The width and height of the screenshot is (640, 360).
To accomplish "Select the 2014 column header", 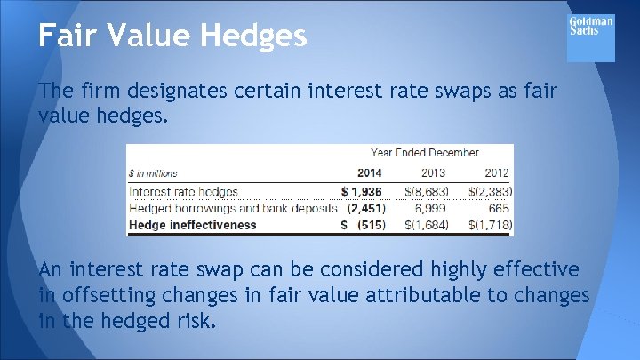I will tap(369, 172).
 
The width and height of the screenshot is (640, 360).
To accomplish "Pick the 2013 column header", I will tap(433, 172).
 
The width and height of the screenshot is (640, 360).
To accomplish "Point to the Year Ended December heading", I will tap(425, 152).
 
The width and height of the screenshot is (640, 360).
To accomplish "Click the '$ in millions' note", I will tap(153, 173).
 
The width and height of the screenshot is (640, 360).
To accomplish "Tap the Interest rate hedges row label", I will tap(184, 190).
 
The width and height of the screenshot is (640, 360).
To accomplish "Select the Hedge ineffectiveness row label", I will tap(192, 225).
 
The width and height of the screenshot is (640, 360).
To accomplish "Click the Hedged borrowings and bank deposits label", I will tap(233, 207).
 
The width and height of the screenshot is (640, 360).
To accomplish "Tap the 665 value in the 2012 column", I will tap(499, 207).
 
